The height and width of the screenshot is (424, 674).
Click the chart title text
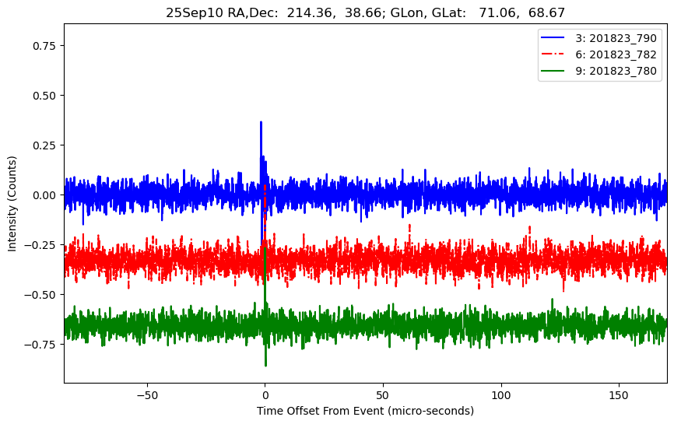[365, 12]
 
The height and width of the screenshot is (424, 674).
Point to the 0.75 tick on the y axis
[45, 46]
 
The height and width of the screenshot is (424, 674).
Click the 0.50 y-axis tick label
[45, 96]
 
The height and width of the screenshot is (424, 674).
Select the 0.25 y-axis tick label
[45, 145]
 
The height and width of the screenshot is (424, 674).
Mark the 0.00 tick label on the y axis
[45, 195]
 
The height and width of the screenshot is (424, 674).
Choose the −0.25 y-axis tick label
[42, 245]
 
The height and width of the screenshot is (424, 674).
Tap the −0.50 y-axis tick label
[42, 295]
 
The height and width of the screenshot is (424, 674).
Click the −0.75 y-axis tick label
[42, 345]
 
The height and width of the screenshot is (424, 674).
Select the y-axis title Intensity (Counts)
[12, 202]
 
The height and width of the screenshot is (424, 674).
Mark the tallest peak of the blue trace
[261, 122]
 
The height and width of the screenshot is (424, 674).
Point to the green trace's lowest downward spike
[265, 365]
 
